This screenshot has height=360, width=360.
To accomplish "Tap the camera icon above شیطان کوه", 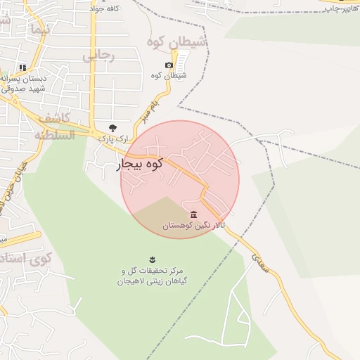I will click(169, 65).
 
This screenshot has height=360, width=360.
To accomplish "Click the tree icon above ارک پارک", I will click(112, 128).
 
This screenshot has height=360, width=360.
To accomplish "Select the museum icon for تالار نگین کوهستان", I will click(193, 214).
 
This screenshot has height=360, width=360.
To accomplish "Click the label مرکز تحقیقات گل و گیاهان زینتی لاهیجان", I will click(151, 276).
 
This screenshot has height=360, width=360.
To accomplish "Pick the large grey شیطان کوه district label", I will click(177, 43).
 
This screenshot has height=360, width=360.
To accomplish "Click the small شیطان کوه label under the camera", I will click(169, 75).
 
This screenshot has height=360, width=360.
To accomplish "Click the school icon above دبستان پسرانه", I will click(23, 67).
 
